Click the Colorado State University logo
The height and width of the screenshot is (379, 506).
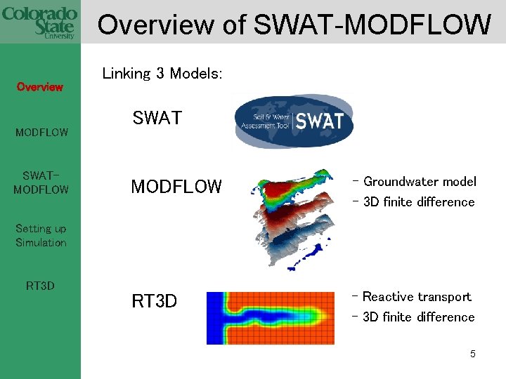pyautogui.click(x=40, y=21)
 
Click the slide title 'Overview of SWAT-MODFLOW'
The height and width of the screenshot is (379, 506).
pyautogui.click(x=294, y=25)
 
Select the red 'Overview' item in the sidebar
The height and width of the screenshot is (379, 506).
pyautogui.click(x=40, y=87)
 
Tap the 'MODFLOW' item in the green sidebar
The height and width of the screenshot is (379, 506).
pyautogui.click(x=41, y=132)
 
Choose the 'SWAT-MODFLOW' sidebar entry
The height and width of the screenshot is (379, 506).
pyautogui.click(x=41, y=182)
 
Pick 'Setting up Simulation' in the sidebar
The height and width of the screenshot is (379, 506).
pyautogui.click(x=41, y=236)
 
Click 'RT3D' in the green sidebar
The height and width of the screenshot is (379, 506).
pyautogui.click(x=40, y=286)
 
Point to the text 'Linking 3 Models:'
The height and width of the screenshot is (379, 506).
pyautogui.click(x=162, y=74)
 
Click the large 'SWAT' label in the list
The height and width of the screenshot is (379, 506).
pyautogui.click(x=157, y=119)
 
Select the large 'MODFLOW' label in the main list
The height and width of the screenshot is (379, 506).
pyautogui.click(x=176, y=187)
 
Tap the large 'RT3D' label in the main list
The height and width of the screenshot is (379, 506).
pyautogui.click(x=154, y=302)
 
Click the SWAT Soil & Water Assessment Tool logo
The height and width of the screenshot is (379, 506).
pyautogui.click(x=294, y=121)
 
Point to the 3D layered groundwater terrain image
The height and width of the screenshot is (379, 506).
pyautogui.click(x=292, y=218)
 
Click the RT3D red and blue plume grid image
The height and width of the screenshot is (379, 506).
pyautogui.click(x=270, y=318)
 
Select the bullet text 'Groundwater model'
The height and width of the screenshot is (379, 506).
pyautogui.click(x=419, y=182)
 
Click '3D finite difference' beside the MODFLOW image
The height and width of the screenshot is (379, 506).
pyautogui.click(x=419, y=202)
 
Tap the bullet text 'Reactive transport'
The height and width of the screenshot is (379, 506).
pyautogui.click(x=417, y=297)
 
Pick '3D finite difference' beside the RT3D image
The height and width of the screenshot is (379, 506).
pyautogui.click(x=419, y=317)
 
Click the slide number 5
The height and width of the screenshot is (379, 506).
pyautogui.click(x=473, y=354)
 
